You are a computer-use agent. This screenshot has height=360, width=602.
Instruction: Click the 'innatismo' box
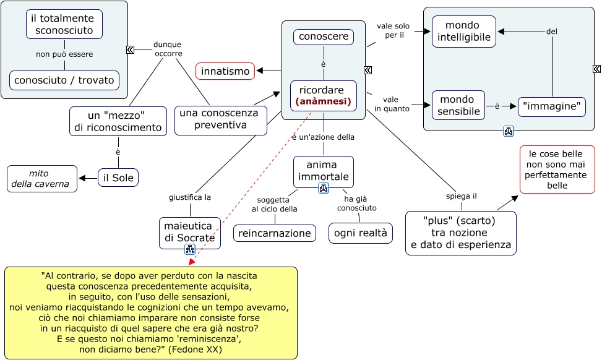225,71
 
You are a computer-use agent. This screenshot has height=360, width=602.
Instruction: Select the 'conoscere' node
324,37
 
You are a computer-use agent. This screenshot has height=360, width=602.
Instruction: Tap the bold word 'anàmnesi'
324,101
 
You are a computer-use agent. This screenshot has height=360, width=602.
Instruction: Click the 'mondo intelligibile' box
464,32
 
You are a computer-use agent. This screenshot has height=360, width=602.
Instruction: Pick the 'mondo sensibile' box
458,105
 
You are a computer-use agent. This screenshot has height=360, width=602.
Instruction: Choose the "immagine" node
552,106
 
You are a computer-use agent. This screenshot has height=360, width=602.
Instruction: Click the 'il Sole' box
118,178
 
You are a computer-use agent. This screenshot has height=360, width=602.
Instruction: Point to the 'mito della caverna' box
42,179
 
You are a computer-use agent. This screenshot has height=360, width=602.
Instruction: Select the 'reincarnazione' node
275,233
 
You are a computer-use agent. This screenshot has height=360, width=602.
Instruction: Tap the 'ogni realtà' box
361,233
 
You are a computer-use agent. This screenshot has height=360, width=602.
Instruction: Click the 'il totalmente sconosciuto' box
64,24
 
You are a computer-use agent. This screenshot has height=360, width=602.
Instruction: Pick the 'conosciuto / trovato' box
64,80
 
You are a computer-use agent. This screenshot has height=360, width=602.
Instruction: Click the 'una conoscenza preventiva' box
220,120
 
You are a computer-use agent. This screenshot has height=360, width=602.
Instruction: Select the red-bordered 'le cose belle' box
557,169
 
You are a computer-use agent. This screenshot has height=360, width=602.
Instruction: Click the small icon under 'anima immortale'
323,187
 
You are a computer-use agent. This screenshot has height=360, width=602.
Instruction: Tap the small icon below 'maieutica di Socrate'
190,249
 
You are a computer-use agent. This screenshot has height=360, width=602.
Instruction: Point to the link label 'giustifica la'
190,198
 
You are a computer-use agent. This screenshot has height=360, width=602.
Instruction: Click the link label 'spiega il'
461,196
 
